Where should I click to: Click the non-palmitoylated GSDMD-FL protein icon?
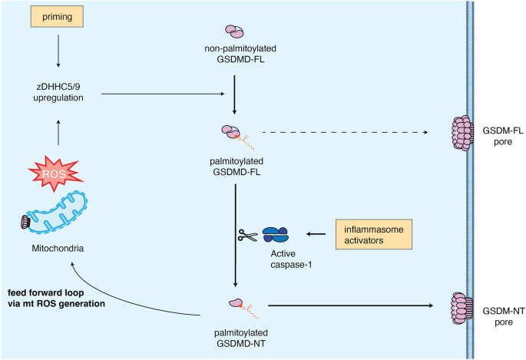(x=233, y=31)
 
